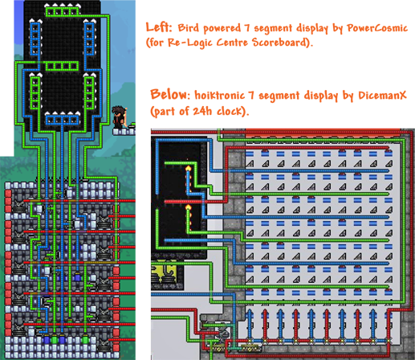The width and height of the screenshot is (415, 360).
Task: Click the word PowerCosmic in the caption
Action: click(377, 28)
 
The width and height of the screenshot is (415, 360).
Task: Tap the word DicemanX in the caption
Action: click(382, 95)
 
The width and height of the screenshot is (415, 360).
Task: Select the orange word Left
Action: click(158, 27)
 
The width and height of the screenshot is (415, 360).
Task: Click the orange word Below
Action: click(170, 94)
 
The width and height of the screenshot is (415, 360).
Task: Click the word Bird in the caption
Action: click(189, 27)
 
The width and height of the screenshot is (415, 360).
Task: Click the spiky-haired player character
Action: click(120, 117)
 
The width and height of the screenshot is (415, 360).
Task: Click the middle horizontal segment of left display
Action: click(63, 66)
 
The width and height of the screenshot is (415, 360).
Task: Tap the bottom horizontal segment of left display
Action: click(63, 120)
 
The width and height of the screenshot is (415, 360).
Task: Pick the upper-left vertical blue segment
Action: click(35, 39)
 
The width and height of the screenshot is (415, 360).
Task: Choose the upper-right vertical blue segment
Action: click(89, 39)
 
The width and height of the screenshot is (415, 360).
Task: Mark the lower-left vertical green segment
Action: click(35, 92)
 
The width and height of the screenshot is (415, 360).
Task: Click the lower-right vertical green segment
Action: click(89, 92)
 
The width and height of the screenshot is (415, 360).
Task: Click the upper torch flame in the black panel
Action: click(189, 168)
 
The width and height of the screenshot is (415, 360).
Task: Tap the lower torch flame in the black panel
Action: click(189, 207)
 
